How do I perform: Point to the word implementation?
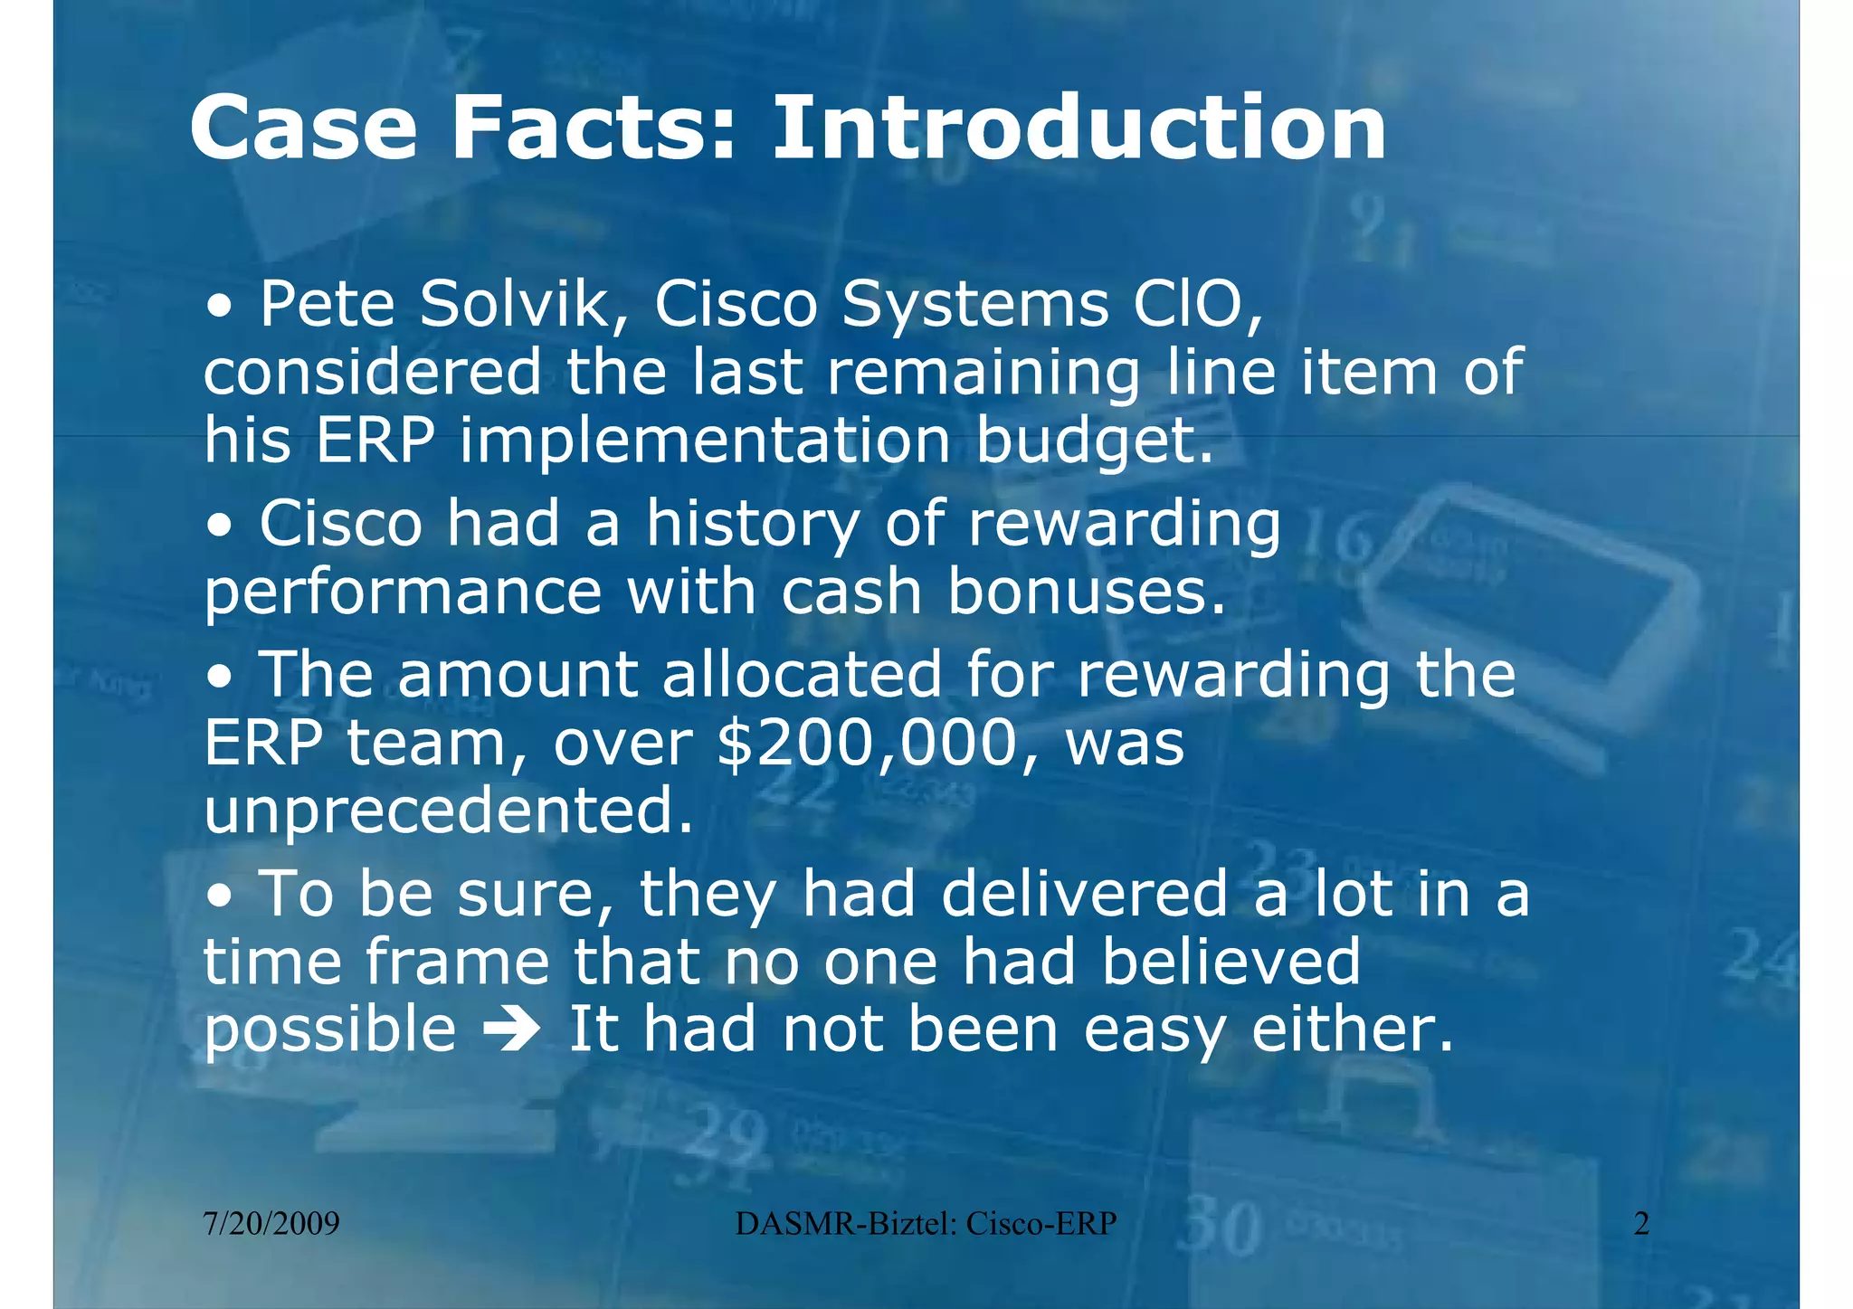[x=705, y=441]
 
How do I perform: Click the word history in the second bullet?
[x=752, y=525]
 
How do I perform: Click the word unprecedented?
[x=448, y=811]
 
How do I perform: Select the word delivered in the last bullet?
[x=1084, y=893]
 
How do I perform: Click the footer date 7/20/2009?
[x=271, y=1224]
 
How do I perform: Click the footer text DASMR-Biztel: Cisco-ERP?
[x=926, y=1224]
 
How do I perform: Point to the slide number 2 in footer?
[x=1641, y=1224]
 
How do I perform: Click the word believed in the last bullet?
[x=1231, y=962]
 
